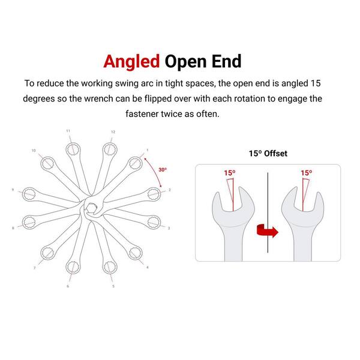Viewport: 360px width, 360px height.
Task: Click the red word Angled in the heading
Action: click(131, 62)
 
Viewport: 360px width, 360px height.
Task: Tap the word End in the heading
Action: click(226, 61)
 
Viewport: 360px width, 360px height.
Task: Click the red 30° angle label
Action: click(163, 170)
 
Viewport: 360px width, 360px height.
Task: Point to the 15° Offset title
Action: click(268, 154)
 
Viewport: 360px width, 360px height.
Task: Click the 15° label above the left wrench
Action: click(230, 173)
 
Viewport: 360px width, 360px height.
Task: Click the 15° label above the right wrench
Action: click(307, 173)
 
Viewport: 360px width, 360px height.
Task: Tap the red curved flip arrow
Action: click(268, 230)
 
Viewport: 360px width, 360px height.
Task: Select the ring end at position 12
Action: click(110, 149)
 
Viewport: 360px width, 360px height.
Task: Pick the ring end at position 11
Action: click(73, 149)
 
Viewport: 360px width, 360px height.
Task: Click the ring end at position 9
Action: click(29, 194)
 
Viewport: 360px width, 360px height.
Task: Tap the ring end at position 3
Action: click(154, 222)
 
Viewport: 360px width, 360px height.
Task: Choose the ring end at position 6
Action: click(73, 267)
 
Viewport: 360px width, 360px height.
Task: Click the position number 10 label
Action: click(34, 151)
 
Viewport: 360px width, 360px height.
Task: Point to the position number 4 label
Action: click(148, 267)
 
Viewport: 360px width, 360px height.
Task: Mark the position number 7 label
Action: click(34, 268)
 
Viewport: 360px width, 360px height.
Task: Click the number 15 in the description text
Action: click(316, 83)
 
